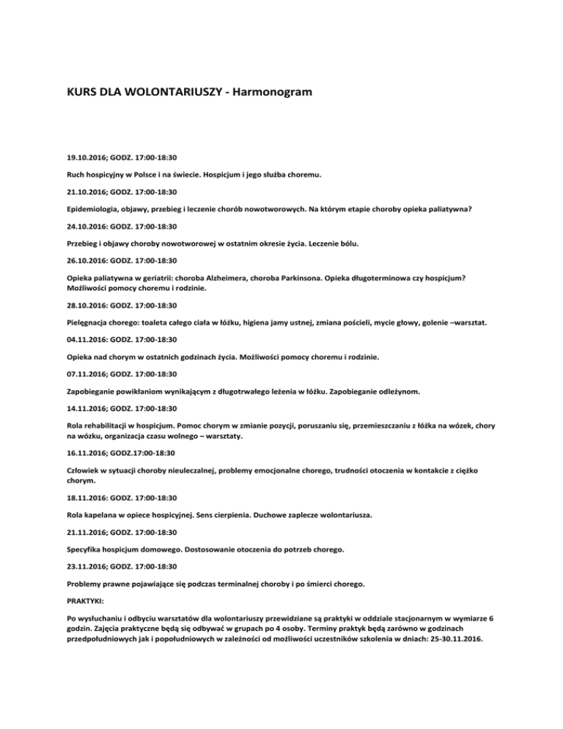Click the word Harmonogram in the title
262,94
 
